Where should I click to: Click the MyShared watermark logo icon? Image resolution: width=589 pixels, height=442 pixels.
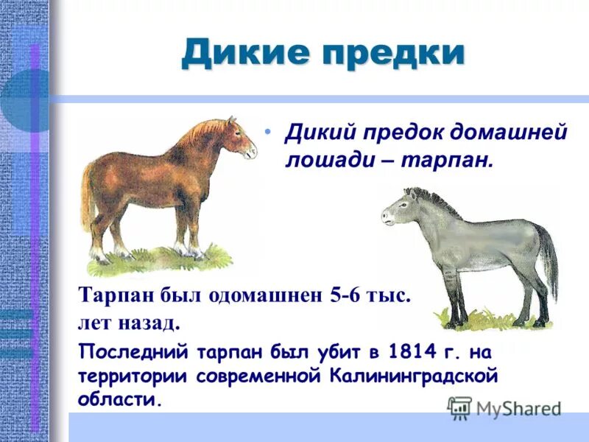459,407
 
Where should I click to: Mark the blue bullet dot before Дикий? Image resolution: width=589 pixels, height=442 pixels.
269,131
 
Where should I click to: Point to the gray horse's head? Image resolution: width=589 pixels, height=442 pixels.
398,210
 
